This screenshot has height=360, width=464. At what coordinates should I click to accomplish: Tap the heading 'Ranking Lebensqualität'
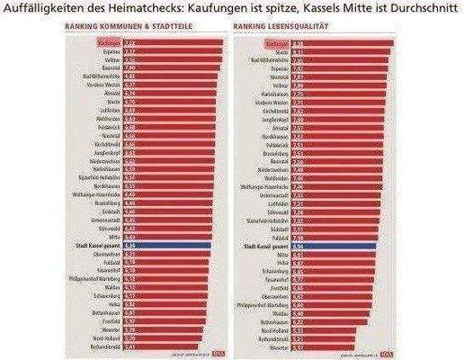(280, 27)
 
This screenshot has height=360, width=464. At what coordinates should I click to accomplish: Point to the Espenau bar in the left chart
(170, 51)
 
